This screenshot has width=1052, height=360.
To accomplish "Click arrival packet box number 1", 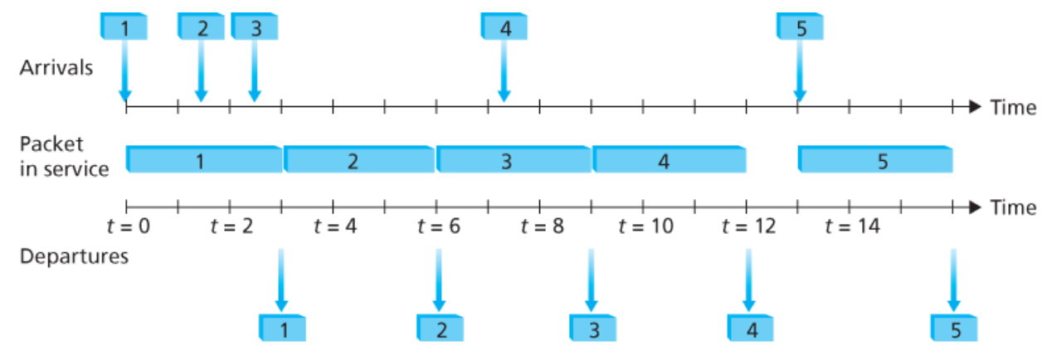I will [x=124, y=27].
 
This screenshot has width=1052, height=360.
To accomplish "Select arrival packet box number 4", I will [x=504, y=27].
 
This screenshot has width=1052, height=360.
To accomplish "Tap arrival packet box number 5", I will [x=801, y=27].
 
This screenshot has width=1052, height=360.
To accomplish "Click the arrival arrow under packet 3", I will [x=255, y=71].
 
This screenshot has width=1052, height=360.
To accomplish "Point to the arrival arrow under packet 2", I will [x=201, y=71].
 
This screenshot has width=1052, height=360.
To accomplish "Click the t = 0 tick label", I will [x=128, y=226].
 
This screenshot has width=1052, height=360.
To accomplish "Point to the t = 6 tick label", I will [x=439, y=226].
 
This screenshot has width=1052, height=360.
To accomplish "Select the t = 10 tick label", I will [x=648, y=226].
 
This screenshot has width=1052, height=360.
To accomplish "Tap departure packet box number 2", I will [x=440, y=328].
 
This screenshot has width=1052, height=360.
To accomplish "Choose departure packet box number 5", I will [x=955, y=328].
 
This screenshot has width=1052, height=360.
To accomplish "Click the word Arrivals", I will [x=56, y=68].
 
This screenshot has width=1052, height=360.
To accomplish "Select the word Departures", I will [x=74, y=256].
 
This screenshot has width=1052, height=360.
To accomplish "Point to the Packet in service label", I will [x=64, y=156].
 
